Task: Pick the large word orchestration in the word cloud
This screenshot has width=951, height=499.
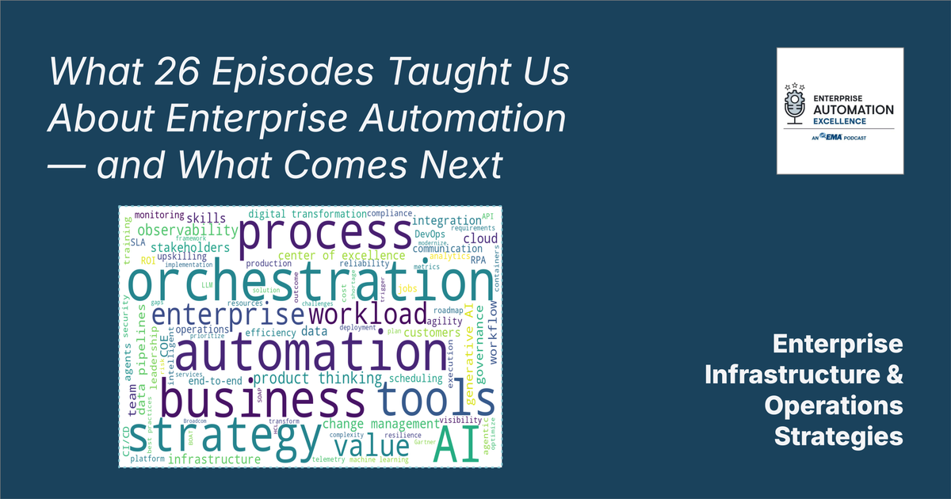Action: pyautogui.click(x=310, y=284)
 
